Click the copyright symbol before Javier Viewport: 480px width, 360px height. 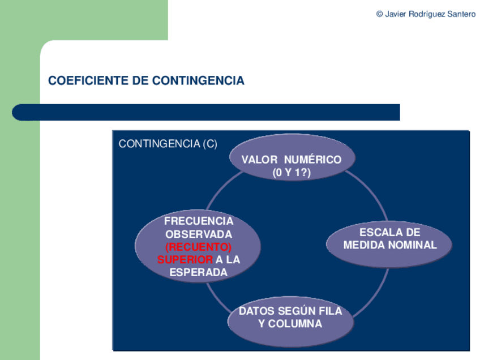point(379,14)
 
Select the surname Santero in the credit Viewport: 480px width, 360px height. point(461,14)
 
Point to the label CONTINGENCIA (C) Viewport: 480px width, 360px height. point(168,144)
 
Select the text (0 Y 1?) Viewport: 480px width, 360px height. point(292,173)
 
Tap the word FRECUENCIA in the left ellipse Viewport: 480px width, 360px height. point(199,221)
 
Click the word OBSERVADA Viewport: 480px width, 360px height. point(199,234)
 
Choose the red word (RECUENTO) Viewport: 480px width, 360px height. point(199,247)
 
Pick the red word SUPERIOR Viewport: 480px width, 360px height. point(185,260)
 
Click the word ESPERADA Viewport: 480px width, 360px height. point(199,272)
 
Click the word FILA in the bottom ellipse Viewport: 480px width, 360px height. point(331,311)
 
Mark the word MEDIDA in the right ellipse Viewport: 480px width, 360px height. point(364,245)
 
